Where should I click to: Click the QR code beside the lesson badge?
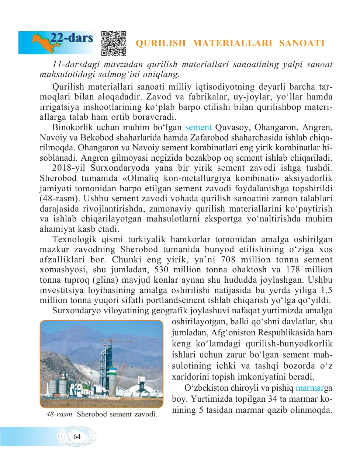click(x=113, y=43)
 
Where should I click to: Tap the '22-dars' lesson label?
click(x=72, y=38)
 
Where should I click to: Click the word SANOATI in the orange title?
click(x=302, y=43)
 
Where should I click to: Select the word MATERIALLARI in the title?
click(x=232, y=43)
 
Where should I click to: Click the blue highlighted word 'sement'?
click(x=198, y=128)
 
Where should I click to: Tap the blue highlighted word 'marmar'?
click(x=310, y=388)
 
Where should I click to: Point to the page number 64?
click(x=77, y=436)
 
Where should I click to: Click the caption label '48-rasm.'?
click(x=60, y=414)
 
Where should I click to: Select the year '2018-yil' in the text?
click(x=69, y=168)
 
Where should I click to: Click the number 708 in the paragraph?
click(x=228, y=260)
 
